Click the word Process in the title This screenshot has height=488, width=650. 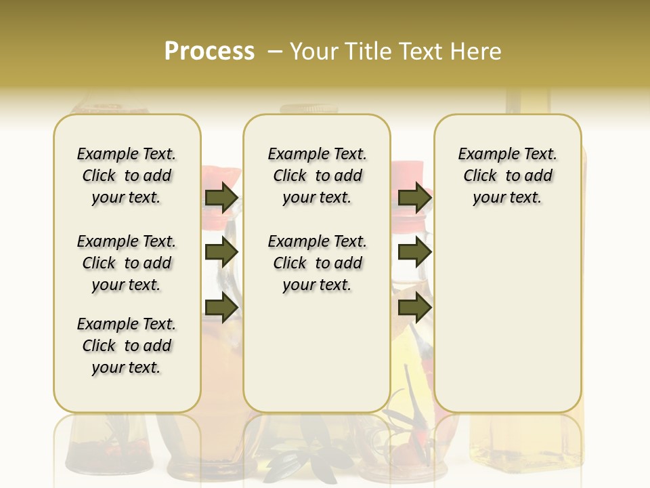point(209,52)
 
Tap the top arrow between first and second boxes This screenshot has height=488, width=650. point(221,198)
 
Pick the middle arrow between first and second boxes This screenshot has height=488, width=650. point(221,253)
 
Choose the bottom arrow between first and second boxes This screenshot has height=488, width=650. point(221,307)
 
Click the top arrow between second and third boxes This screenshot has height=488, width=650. point(414,198)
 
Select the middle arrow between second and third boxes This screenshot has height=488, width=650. point(414,253)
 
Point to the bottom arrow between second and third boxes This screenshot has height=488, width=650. point(414,307)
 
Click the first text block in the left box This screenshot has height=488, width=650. point(127,176)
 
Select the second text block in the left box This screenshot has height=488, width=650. point(127,263)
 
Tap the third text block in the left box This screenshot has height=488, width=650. point(127,346)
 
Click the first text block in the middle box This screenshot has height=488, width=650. point(317,176)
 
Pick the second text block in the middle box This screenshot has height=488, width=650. point(317,263)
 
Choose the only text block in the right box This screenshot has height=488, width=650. point(507,176)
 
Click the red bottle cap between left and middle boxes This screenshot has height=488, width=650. point(223,178)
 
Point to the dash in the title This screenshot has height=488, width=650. point(275,52)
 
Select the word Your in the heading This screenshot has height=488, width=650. point(314,52)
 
